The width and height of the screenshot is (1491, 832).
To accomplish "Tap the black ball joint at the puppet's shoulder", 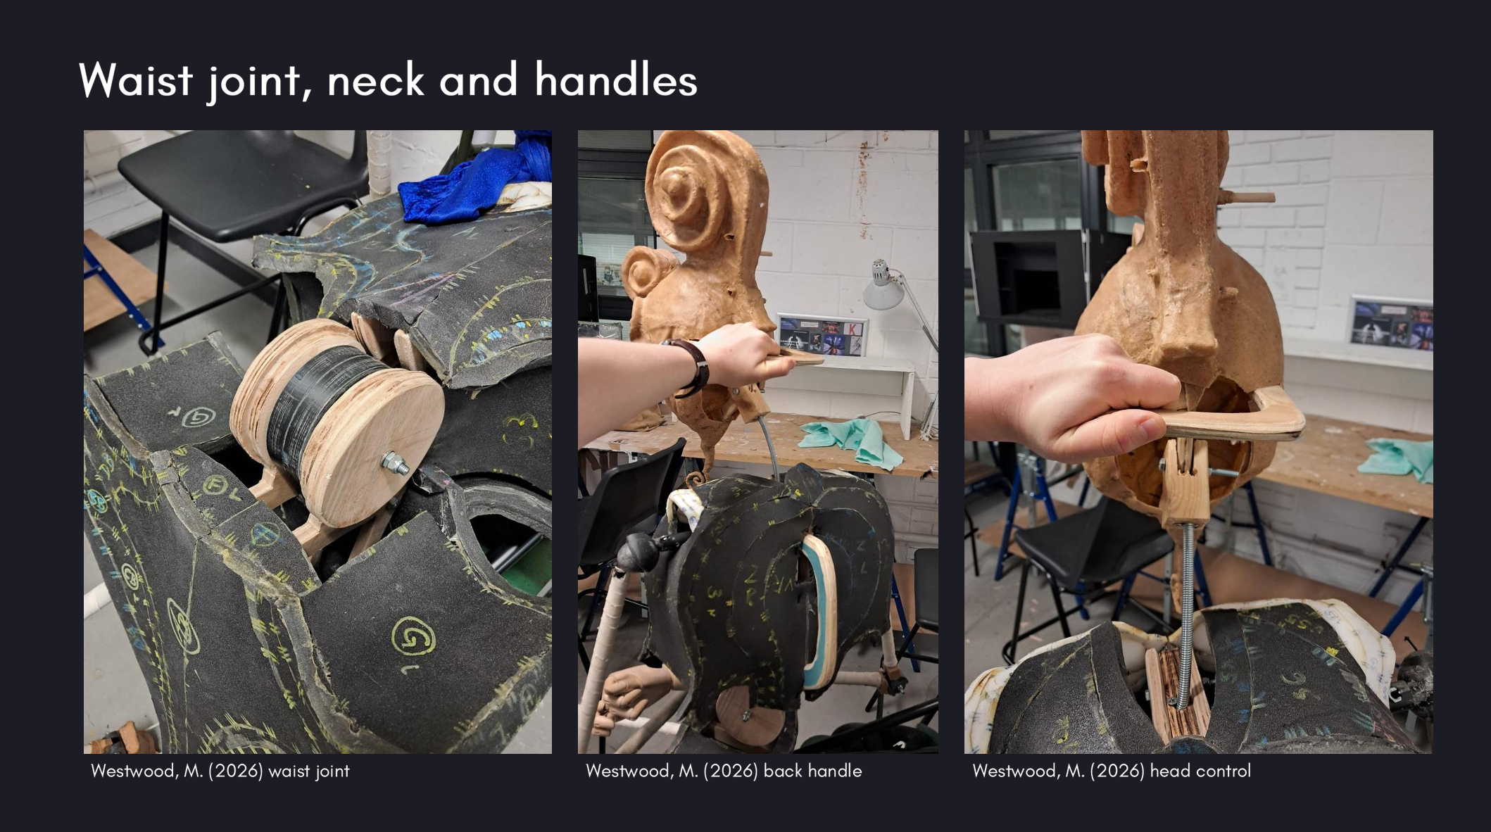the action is pyautogui.click(x=638, y=549).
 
